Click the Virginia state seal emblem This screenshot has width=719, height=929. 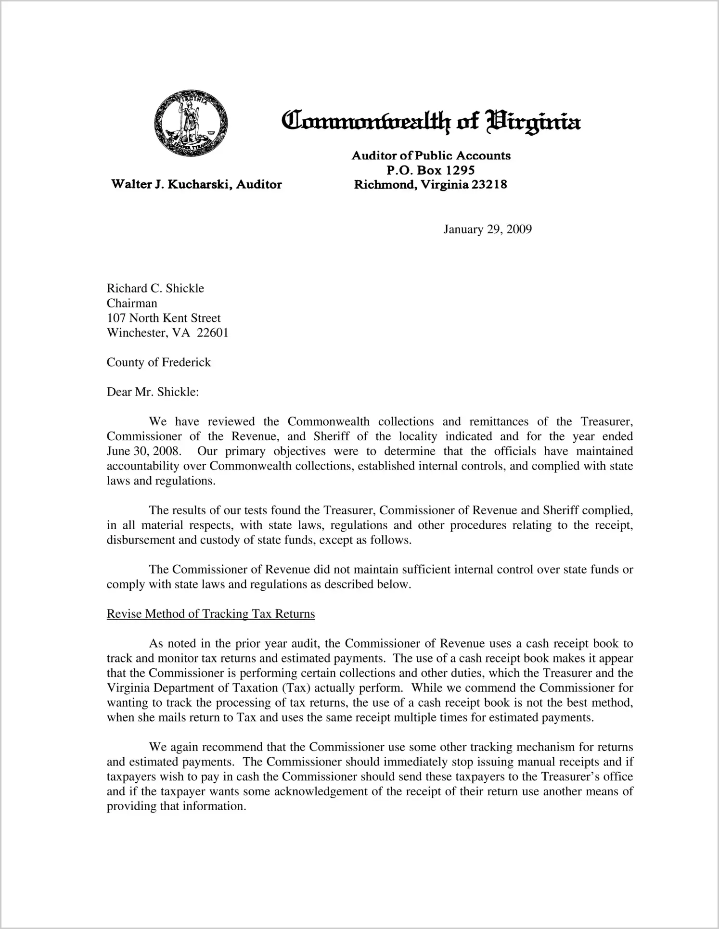coord(191,123)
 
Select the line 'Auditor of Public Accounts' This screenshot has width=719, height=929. coord(431,155)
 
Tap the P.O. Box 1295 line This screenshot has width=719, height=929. coord(431,170)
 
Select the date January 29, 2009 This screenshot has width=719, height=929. coord(487,229)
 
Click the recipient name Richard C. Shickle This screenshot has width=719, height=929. coord(155,288)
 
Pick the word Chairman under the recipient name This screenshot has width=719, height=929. coord(131,303)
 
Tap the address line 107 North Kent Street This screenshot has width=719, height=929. coord(164,318)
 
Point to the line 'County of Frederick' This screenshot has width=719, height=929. coord(158,362)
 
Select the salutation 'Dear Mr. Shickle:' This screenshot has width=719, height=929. coord(153,392)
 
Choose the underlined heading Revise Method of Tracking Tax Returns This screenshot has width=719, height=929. coord(211,614)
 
